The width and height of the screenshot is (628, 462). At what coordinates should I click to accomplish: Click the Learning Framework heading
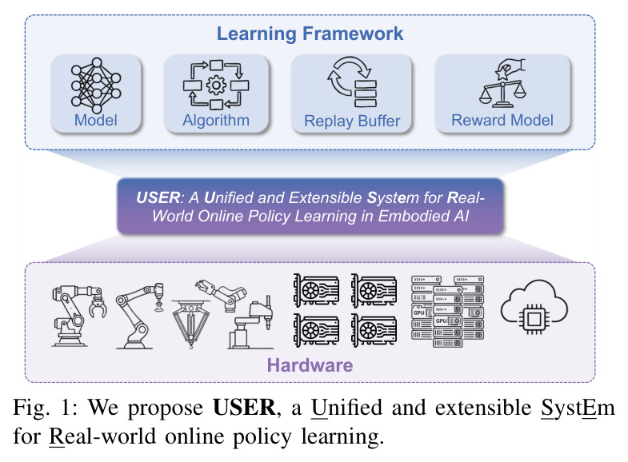(310, 34)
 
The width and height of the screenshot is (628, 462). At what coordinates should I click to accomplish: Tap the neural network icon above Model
(96, 86)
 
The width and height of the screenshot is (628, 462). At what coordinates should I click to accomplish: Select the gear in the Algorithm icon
(216, 85)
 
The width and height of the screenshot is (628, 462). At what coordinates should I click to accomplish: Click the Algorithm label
(216, 121)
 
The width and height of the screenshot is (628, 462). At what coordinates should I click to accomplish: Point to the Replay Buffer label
(352, 121)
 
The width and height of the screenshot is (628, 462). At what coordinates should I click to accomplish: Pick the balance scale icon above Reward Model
(502, 83)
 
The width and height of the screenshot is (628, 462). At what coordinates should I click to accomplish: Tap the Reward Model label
(502, 120)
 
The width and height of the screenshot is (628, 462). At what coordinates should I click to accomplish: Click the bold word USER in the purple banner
(158, 197)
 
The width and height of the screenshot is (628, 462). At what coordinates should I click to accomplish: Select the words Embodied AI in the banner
(423, 216)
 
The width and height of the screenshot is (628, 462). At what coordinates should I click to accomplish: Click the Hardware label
(310, 365)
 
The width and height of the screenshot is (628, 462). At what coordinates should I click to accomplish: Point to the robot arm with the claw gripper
(79, 316)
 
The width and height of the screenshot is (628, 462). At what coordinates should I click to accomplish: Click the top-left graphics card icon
(317, 290)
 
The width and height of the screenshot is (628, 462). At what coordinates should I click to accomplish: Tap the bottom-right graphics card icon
(374, 330)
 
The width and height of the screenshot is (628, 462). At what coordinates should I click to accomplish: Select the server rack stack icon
(448, 311)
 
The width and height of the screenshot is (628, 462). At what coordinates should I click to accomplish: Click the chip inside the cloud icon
(534, 319)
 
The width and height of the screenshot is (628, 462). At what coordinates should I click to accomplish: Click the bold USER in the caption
(244, 408)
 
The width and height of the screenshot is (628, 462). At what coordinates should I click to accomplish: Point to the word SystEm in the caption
(578, 408)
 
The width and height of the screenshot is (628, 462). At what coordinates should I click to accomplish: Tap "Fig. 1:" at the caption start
(47, 408)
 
